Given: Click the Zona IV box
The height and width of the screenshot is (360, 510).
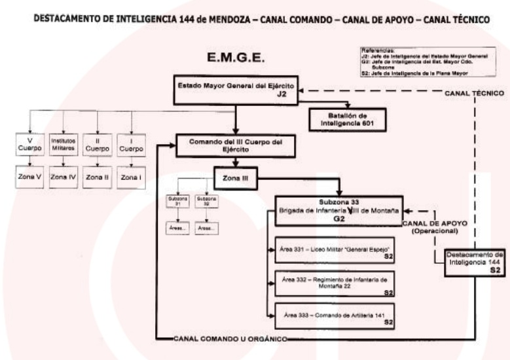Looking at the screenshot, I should (x=64, y=177).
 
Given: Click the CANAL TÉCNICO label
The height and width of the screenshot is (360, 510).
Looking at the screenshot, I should (x=474, y=94).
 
